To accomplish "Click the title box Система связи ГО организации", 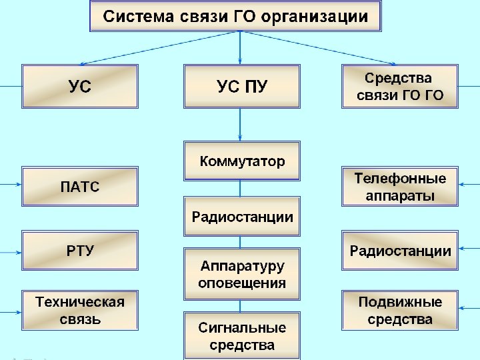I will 235,17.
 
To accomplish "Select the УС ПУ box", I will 241,86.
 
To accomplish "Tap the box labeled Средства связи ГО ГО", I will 400,87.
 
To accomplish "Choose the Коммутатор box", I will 242,161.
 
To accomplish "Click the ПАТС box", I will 80,186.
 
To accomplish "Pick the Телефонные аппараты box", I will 400,187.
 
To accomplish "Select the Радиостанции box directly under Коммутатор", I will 242,217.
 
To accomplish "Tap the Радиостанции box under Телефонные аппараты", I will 400,251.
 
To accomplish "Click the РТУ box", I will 80,251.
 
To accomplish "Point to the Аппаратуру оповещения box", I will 242,274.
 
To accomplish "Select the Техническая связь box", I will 80,310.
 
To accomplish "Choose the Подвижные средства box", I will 400,310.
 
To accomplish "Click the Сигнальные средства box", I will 242,335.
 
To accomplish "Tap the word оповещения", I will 242,283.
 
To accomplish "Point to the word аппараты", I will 400,196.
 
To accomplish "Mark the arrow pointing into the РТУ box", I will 11,253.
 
